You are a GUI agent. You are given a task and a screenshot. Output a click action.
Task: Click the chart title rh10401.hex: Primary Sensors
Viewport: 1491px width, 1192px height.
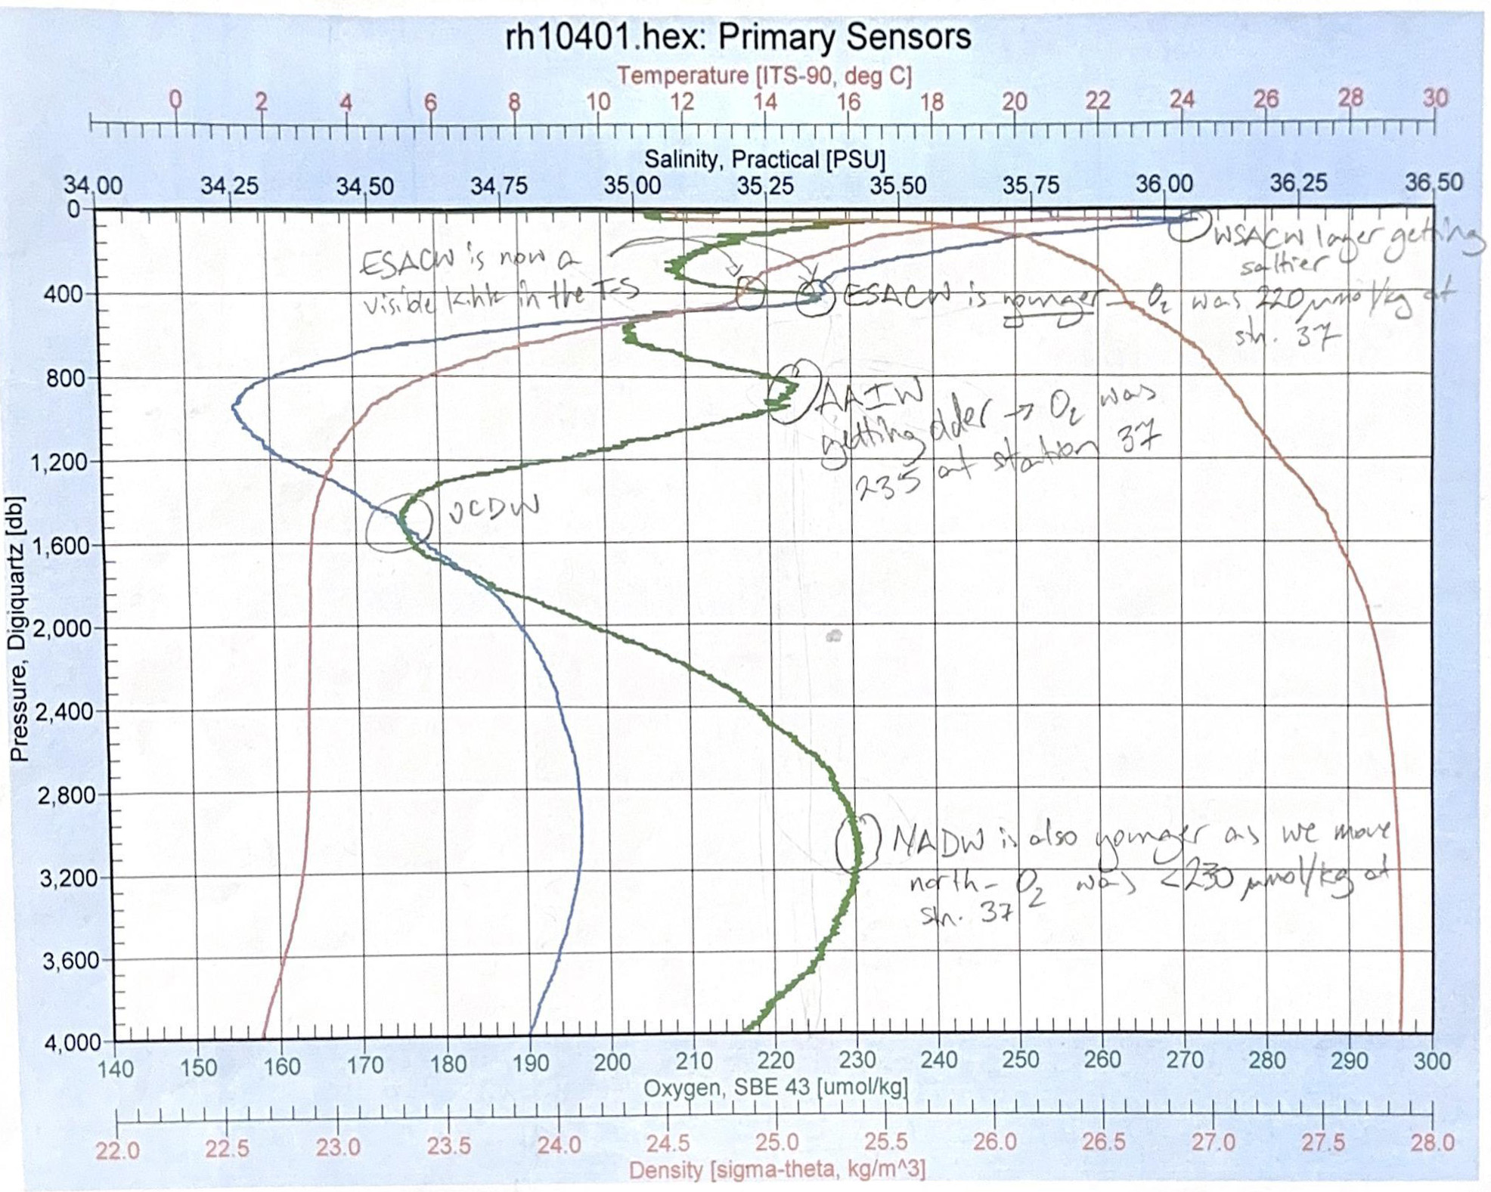738,37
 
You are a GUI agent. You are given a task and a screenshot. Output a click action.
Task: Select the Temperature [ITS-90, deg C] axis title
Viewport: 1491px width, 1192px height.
764,76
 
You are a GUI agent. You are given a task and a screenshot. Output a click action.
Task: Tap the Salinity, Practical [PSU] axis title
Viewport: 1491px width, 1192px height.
764,159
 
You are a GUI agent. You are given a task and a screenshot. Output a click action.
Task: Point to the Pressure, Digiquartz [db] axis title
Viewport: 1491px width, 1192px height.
18,627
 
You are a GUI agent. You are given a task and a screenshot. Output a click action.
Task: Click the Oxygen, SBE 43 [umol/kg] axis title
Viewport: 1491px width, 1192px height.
775,1088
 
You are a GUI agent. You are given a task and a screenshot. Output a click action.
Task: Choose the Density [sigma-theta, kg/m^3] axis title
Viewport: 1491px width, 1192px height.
776,1170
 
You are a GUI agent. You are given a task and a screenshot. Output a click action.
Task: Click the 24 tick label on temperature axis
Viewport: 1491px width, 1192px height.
1182,99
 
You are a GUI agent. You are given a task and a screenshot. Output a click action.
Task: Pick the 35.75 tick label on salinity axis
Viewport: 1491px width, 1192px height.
1031,185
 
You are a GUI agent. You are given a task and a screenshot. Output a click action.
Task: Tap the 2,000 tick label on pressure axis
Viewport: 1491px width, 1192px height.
67,628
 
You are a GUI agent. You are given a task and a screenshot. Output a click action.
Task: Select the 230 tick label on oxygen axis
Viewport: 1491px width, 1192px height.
857,1060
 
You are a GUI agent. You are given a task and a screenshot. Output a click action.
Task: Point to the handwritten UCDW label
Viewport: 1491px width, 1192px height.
494,509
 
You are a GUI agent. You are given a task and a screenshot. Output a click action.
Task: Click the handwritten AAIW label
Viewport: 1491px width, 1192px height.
872,396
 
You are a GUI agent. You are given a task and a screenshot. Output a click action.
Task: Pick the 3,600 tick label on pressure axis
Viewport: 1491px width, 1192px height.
67,961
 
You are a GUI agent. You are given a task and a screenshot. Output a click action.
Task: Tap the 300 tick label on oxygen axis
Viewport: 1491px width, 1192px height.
1431,1060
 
